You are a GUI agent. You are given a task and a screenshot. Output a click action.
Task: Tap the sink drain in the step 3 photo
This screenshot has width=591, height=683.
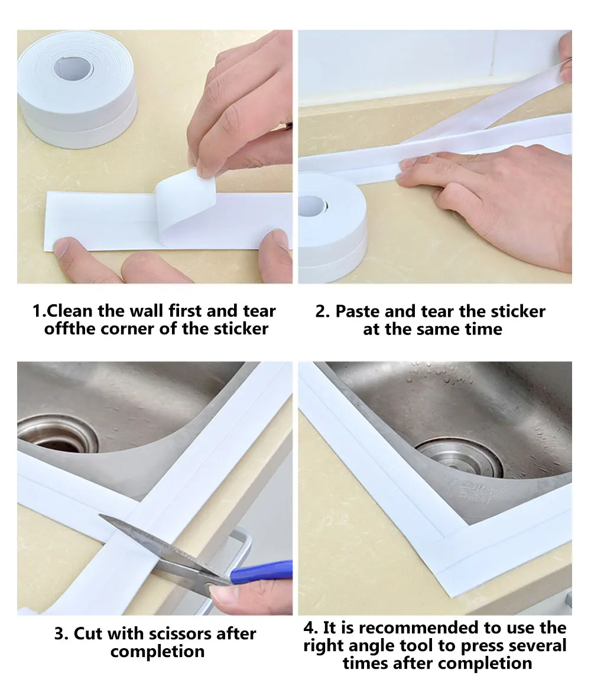pyautogui.click(x=56, y=434)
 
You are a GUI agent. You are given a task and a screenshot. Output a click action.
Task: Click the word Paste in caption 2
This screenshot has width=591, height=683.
pyautogui.click(x=358, y=311)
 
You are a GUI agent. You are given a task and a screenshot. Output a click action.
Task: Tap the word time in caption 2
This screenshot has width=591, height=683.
pyautogui.click(x=483, y=329)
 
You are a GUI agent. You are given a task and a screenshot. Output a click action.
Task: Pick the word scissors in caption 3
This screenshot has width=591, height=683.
pyautogui.click(x=166, y=634)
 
